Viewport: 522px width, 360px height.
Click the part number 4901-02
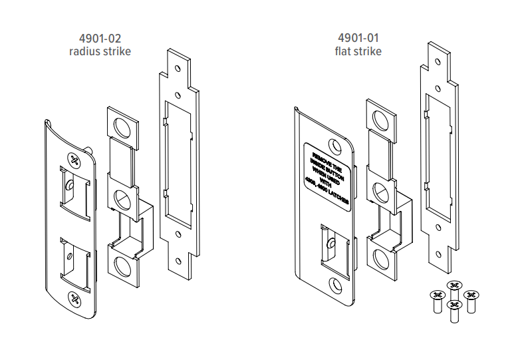(100, 39)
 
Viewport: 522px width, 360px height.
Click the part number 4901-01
(358, 39)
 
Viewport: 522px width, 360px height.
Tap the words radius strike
(100, 51)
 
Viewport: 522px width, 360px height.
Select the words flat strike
(358, 51)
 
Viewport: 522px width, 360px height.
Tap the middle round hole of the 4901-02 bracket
(122, 198)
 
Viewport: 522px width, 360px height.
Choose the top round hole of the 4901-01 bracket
(381, 118)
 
